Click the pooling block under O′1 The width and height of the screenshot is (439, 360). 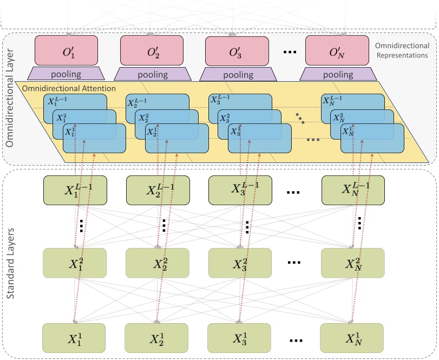click(x=65, y=74)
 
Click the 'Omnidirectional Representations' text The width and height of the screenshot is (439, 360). click(x=401, y=51)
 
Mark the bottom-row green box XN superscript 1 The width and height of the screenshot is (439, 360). click(x=352, y=338)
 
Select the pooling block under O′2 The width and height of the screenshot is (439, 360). click(x=152, y=74)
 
